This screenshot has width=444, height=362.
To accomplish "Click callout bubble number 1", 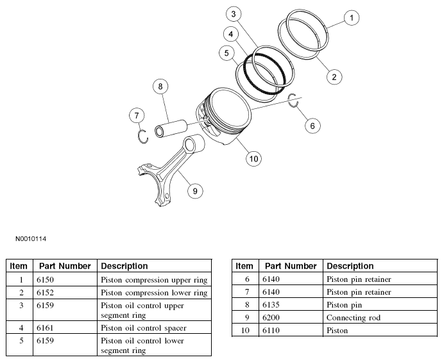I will (x=351, y=18).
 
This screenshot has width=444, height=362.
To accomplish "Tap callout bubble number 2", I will (x=333, y=78).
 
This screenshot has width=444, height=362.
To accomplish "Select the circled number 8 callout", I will (x=160, y=86).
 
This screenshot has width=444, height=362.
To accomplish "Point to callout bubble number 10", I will (x=253, y=158).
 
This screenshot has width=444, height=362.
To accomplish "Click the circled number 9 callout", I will (x=194, y=190).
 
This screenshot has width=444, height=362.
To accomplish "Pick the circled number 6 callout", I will (x=312, y=126).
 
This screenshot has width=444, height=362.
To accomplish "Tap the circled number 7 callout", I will (x=136, y=116).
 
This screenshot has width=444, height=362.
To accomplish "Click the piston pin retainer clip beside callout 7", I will (x=144, y=137).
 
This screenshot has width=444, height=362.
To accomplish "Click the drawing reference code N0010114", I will (x=31, y=239).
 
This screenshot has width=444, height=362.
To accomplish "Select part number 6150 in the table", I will (x=46, y=279).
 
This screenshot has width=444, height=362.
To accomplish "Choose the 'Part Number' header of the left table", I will (x=65, y=266).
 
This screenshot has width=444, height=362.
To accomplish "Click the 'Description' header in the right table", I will (x=350, y=266).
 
